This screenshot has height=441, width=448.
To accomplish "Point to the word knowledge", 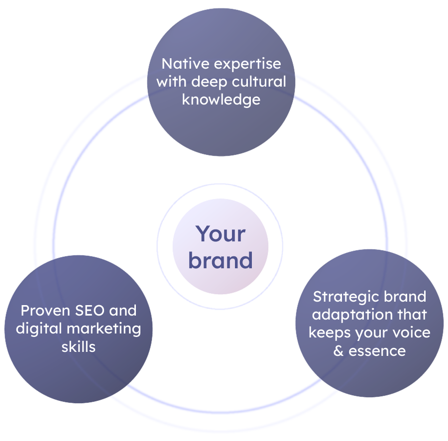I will pyautogui.click(x=221, y=99).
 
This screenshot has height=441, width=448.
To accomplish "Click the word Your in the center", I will pyautogui.click(x=220, y=233).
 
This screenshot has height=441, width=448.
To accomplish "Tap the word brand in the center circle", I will pyautogui.click(x=221, y=260).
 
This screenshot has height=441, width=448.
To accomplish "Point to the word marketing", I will pyautogui.click(x=105, y=329).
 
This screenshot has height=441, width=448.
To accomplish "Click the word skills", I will pyautogui.click(x=78, y=346).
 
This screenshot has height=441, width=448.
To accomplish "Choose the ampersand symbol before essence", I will pyautogui.click(x=338, y=351).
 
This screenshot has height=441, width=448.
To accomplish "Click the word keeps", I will pyautogui.click(x=329, y=332).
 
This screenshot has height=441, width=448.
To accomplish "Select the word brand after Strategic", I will pyautogui.click(x=406, y=297).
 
